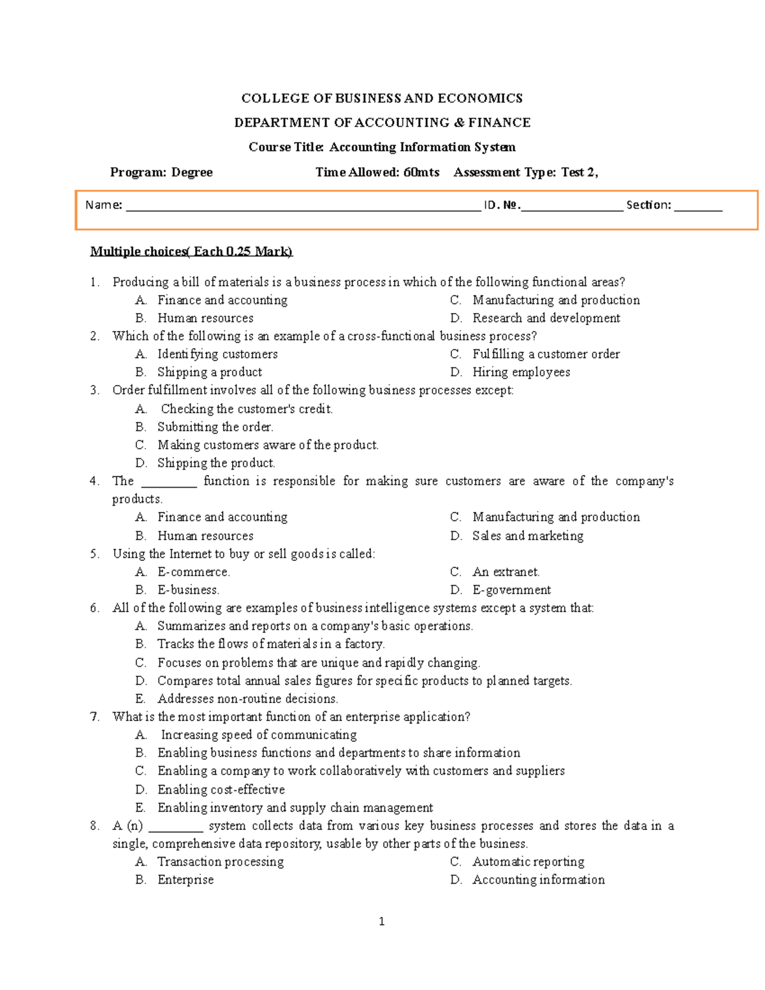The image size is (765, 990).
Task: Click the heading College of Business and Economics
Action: pyautogui.click(x=382, y=98)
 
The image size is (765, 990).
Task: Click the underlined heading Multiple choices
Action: pyautogui.click(x=191, y=251)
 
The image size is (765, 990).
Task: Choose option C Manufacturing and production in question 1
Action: pyautogui.click(x=555, y=300)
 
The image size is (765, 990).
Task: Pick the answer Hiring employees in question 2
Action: pyautogui.click(x=521, y=372)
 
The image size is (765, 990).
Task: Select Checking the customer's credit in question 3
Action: pyautogui.click(x=246, y=409)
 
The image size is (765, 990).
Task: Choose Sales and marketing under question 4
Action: pyautogui.click(x=527, y=536)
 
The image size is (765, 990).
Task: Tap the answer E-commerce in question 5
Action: pyautogui.click(x=194, y=572)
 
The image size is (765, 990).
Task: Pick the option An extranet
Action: pyautogui.click(x=506, y=572)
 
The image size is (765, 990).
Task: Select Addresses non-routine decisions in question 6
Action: pyautogui.click(x=247, y=699)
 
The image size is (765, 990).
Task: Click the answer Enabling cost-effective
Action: pyautogui.click(x=221, y=790)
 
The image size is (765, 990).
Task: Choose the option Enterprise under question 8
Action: pyautogui.click(x=186, y=880)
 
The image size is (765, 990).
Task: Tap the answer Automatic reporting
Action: pyautogui.click(x=528, y=862)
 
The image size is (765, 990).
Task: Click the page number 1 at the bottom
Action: pyautogui.click(x=382, y=921)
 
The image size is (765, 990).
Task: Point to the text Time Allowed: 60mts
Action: pyautogui.click(x=377, y=172)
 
